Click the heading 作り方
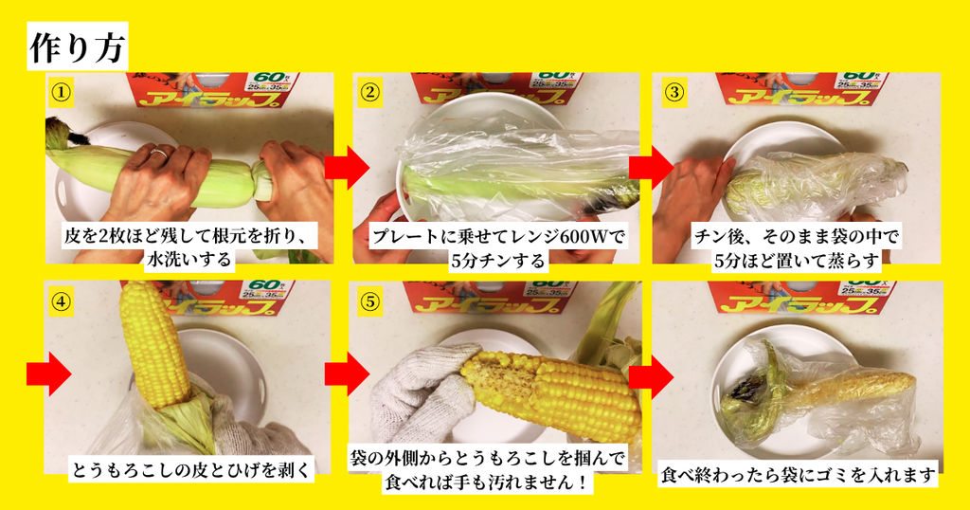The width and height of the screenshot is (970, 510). (78, 47)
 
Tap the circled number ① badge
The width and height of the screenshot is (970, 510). (61, 93)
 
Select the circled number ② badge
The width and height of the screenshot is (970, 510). (369, 93)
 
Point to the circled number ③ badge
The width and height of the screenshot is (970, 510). (674, 93)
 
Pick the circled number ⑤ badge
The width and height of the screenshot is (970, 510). (370, 301)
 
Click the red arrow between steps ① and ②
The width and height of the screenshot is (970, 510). (347, 168)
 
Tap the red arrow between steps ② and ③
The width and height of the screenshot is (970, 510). (651, 168)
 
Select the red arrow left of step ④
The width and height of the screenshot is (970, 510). (49, 373)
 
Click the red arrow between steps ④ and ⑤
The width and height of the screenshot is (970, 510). (347, 373)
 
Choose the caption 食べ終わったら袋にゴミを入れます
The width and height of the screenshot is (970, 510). (798, 475)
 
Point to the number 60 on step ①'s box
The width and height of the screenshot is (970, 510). (268, 78)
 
